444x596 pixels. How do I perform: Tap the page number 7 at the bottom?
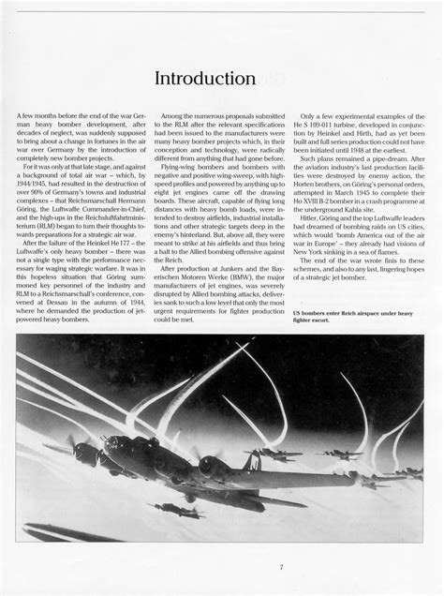point(280,567)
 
